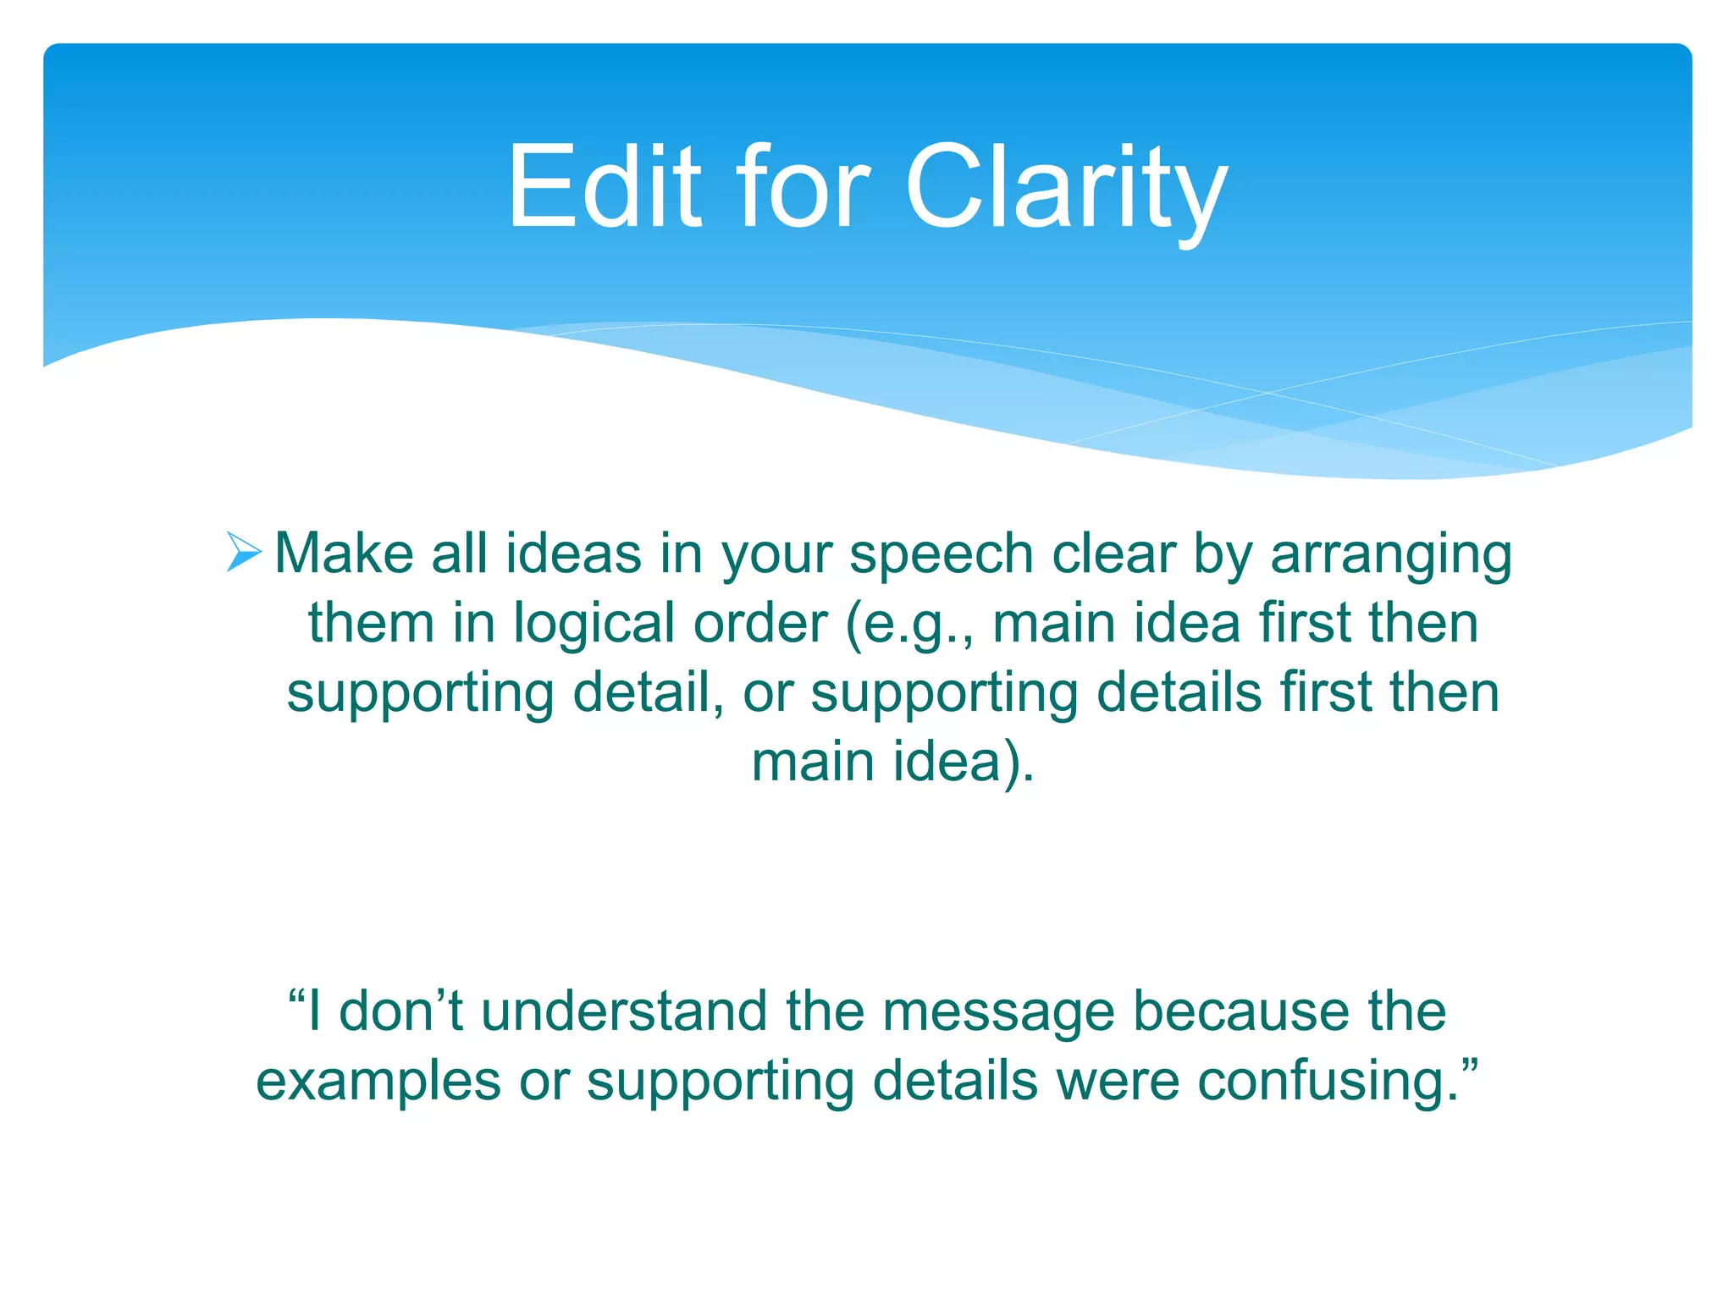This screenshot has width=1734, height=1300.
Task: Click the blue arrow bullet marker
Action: pos(244,553)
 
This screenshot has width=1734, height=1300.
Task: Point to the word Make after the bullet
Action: pos(343,554)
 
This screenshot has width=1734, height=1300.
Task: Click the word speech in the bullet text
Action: pos(941,557)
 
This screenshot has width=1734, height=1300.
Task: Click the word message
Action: pos(997,1012)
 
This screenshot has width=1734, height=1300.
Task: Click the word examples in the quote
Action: pos(378,1082)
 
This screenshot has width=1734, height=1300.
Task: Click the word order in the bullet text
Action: pos(759,624)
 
